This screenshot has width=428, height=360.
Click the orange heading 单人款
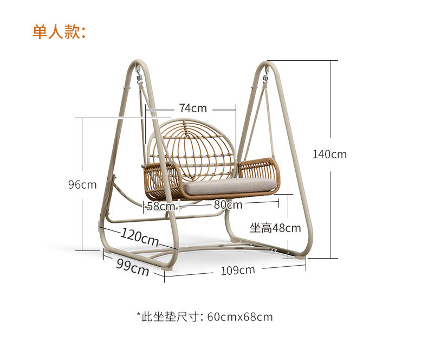point(59,32)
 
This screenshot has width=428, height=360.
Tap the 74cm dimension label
point(193,108)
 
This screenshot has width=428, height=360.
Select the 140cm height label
point(329,155)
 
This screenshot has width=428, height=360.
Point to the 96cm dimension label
point(82,185)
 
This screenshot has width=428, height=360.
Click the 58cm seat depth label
point(161,206)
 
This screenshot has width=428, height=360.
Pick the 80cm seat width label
point(228,205)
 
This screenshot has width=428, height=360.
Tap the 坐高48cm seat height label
point(275,228)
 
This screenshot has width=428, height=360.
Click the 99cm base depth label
point(132,266)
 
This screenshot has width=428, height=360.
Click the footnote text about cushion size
point(204,317)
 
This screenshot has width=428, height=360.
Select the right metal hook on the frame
point(266,75)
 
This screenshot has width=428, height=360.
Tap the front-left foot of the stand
point(167,267)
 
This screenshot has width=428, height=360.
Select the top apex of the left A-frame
point(134,63)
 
